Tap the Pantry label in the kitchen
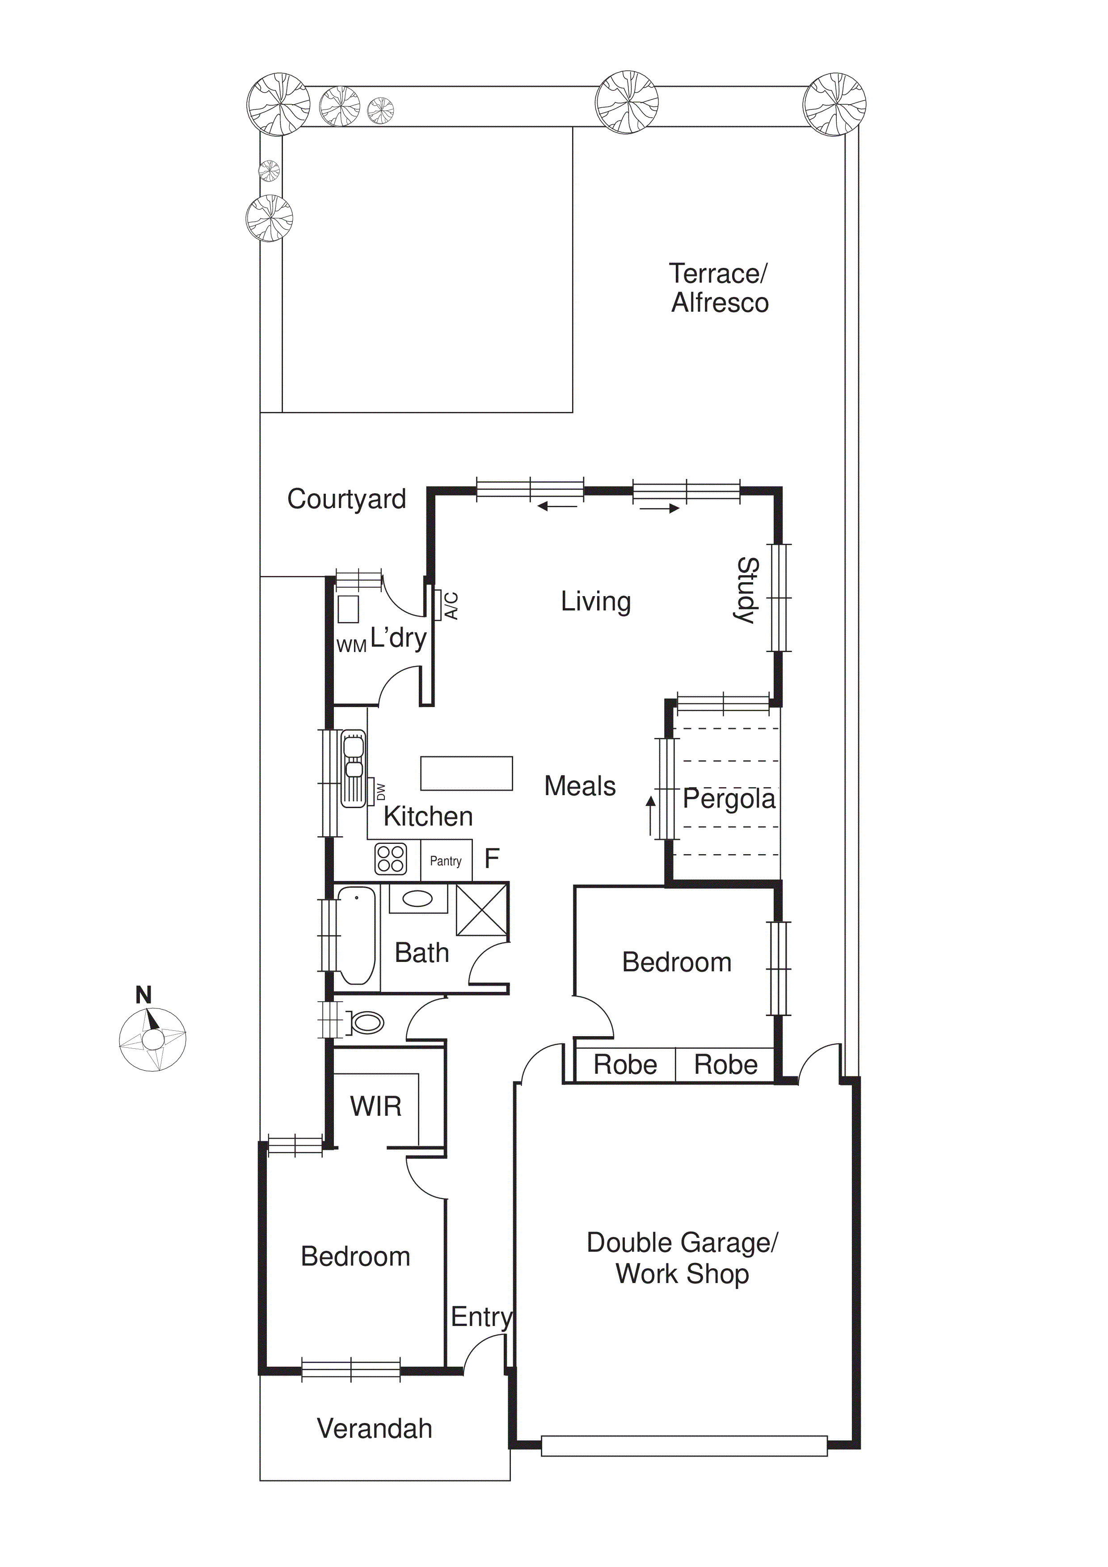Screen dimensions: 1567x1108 446,861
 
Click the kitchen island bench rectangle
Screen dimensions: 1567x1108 466,773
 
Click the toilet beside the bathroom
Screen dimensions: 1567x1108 366,1022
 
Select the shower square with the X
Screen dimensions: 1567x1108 482,910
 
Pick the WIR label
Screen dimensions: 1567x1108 375,1106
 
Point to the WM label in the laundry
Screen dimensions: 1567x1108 351,646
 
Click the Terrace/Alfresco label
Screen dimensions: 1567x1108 719,288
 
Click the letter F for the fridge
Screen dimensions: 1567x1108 491,859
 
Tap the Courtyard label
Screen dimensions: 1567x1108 346,499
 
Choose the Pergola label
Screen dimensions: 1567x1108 729,799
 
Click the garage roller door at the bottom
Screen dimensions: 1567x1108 684,1445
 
